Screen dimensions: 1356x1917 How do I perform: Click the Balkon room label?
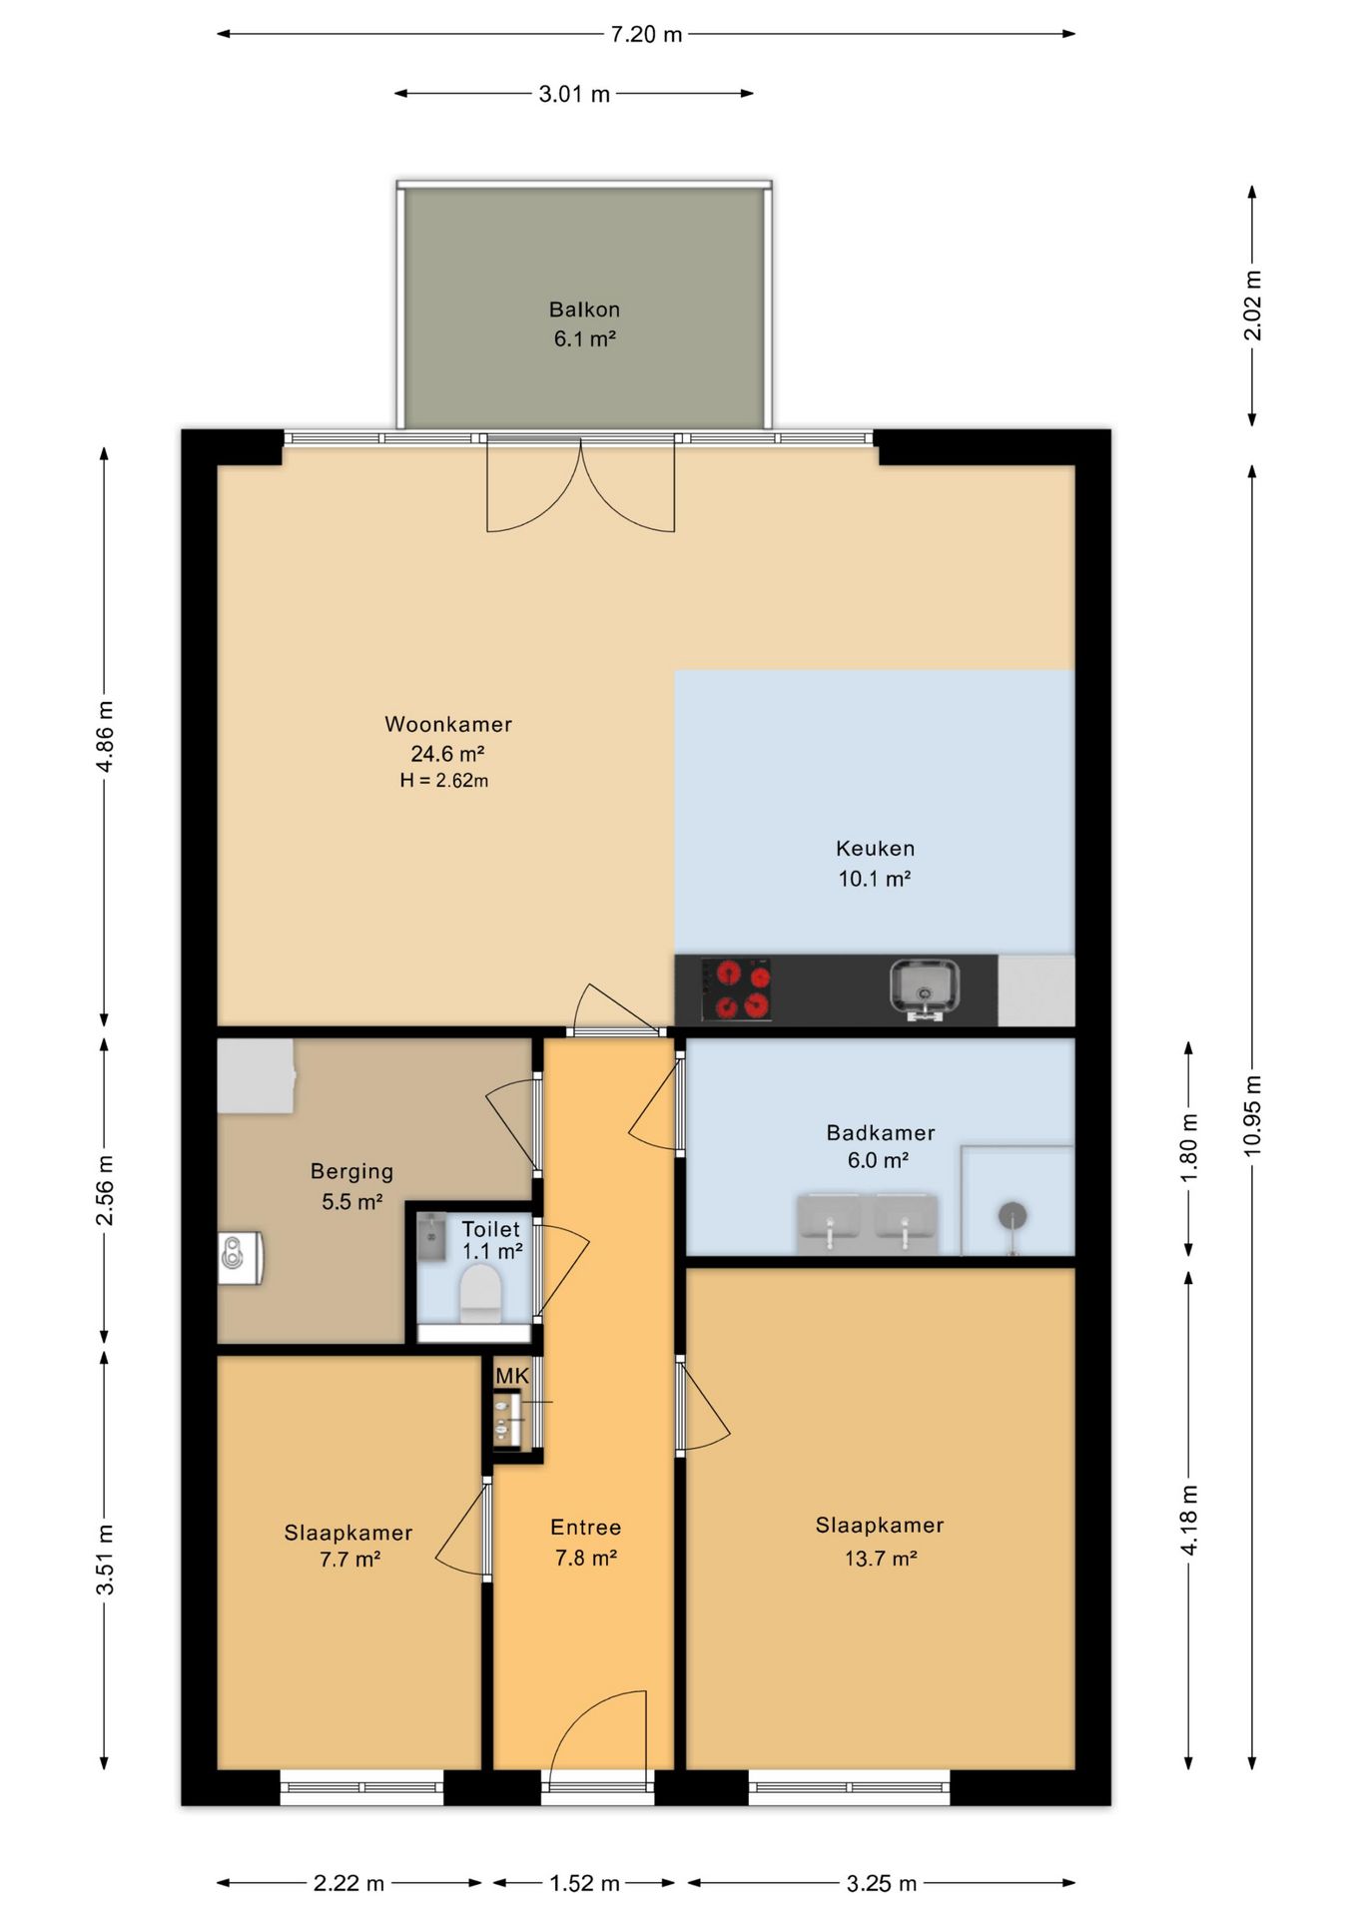[584, 310]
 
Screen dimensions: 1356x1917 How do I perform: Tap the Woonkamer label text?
[448, 724]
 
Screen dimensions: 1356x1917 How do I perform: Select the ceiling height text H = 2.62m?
[444, 781]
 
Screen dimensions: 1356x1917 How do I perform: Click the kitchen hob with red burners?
[736, 989]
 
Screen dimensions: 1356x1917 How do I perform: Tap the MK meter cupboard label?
[512, 1376]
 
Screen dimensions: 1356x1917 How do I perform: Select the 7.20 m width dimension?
[646, 34]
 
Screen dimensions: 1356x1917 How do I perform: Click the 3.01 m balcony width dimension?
[574, 94]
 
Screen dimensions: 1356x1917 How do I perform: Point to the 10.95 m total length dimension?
[1252, 1115]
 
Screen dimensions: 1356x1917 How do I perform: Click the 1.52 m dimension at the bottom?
[584, 1883]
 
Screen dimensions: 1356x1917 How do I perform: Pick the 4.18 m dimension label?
[1188, 1520]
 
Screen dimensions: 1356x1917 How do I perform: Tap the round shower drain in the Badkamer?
[1013, 1215]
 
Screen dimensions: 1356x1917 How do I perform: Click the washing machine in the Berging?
[241, 1257]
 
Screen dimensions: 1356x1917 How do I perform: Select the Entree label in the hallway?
[586, 1527]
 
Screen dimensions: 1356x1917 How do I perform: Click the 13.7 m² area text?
[881, 1558]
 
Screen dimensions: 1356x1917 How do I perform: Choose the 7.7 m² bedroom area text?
[349, 1559]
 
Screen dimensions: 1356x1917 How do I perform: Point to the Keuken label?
[876, 849]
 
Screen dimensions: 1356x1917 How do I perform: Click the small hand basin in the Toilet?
[431, 1237]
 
